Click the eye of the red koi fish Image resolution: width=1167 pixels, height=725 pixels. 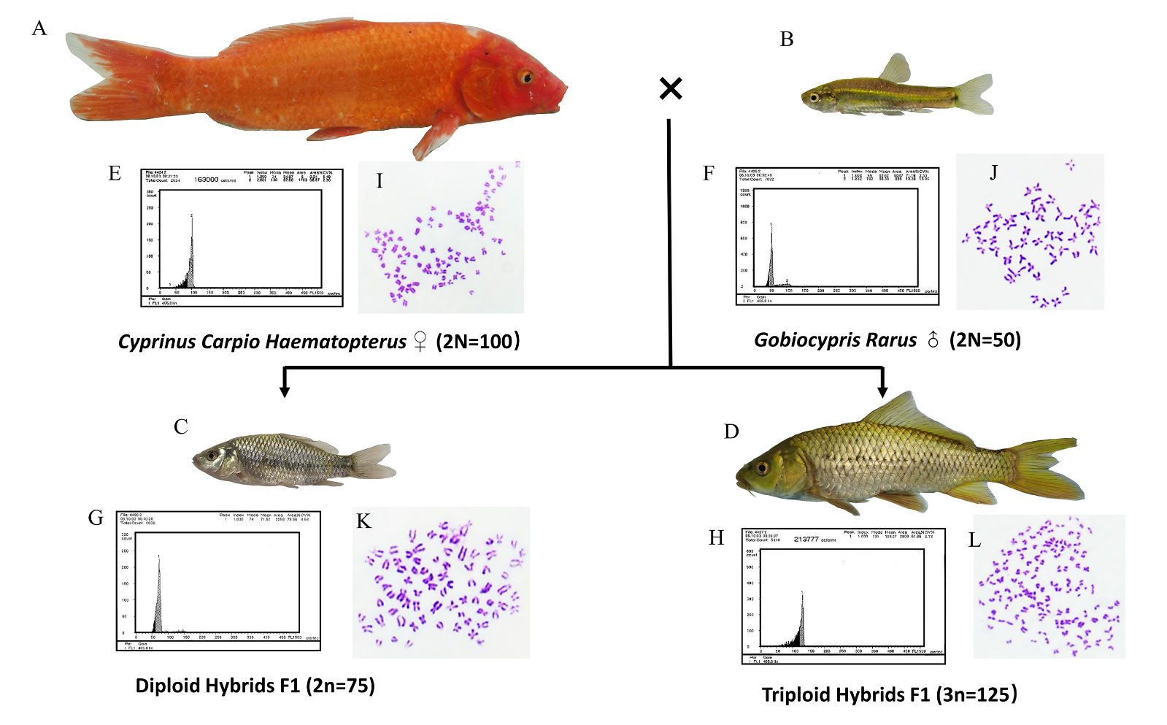pyautogui.click(x=525, y=77)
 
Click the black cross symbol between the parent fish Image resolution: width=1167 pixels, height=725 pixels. pyautogui.click(x=670, y=88)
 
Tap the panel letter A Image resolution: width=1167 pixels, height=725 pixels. pyautogui.click(x=39, y=28)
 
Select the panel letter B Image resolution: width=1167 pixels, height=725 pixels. pyautogui.click(x=786, y=39)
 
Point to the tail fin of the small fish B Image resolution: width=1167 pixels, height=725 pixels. pyautogui.click(x=975, y=94)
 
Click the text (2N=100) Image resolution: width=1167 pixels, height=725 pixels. pyautogui.click(x=477, y=341)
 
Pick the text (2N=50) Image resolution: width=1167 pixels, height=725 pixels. pyautogui.click(x=985, y=340)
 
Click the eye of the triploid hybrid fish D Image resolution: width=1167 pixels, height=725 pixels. pyautogui.click(x=763, y=467)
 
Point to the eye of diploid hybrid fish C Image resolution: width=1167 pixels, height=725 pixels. pyautogui.click(x=212, y=456)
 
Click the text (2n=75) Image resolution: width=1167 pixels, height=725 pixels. pyautogui.click(x=340, y=686)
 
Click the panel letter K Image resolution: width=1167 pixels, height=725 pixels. pyautogui.click(x=363, y=521)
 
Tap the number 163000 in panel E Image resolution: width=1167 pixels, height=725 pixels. pyautogui.click(x=206, y=179)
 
